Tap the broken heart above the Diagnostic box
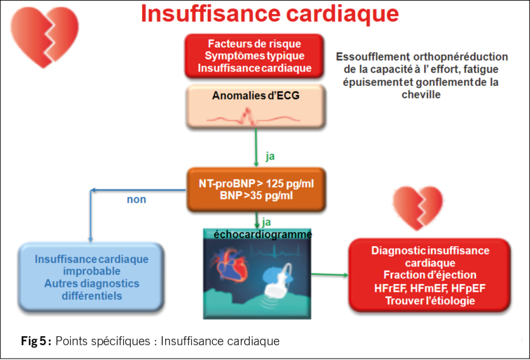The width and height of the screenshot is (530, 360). tap(418, 207)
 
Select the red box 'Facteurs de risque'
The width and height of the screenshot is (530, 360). tap(254, 56)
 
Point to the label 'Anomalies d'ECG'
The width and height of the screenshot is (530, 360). tap(256, 95)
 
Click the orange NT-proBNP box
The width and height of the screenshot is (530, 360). tap(256, 189)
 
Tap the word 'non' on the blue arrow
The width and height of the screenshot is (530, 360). tap(137, 199)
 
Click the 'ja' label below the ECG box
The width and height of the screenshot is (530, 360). tap(270, 156)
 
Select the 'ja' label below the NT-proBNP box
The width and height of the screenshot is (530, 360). tap(267, 222)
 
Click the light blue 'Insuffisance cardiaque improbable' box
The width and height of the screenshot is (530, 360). tap(92, 277)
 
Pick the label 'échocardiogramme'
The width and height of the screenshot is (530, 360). tap(263, 234)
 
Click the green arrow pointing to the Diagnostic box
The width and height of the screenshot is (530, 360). tap(329, 274)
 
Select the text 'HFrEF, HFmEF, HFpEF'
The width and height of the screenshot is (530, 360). tap(430, 288)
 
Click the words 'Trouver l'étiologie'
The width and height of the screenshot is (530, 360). tap(430, 301)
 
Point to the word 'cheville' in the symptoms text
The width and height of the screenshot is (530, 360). tap(421, 95)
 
